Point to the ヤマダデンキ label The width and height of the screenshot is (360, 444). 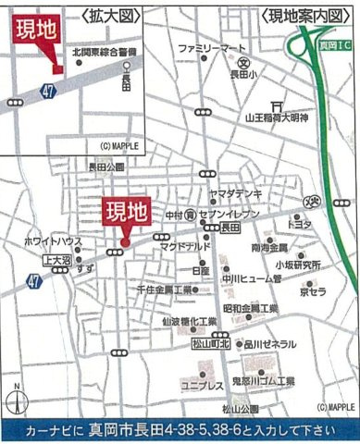(x=235, y=193)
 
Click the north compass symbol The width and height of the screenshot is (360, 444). (x=16, y=400)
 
